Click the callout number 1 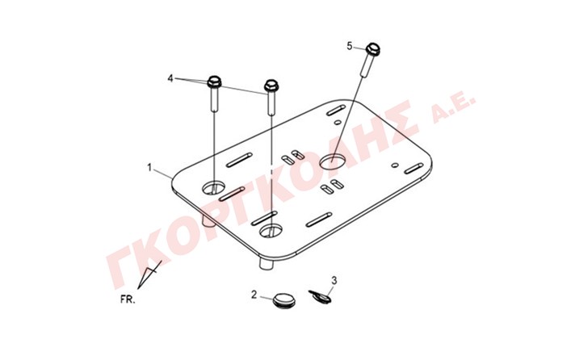tap(149, 168)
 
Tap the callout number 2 tap(254, 295)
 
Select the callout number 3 tap(334, 280)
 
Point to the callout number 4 tap(170, 78)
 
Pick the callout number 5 tap(350, 46)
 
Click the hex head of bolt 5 tap(373, 48)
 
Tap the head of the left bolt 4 tap(214, 82)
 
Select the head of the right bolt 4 tap(271, 86)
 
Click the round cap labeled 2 tap(283, 299)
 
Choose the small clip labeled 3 tap(320, 296)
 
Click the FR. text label tap(128, 299)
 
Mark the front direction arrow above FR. tap(149, 274)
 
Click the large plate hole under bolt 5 tap(333, 161)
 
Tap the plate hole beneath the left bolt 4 tap(214, 188)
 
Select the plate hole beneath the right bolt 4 tap(271, 231)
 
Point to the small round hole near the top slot tap(338, 122)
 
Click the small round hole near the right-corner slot tap(395, 165)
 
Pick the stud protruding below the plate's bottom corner tap(267, 264)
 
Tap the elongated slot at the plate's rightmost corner tap(414, 169)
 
